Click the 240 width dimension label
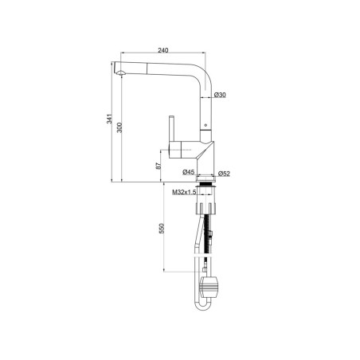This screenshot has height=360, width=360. coord(163,50)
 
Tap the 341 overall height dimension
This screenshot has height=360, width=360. coord(109,119)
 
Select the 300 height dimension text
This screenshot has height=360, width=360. coord(119,127)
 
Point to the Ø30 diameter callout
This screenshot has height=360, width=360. coord(220,95)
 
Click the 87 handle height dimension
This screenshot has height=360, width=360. coord(158,166)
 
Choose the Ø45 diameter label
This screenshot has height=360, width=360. coord(189,172)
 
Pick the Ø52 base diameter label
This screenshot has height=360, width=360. coord(224,174)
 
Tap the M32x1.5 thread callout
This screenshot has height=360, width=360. coord(184,192)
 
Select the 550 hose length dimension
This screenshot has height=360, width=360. coord(162,229)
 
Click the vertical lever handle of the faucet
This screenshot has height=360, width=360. coord(172,128)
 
